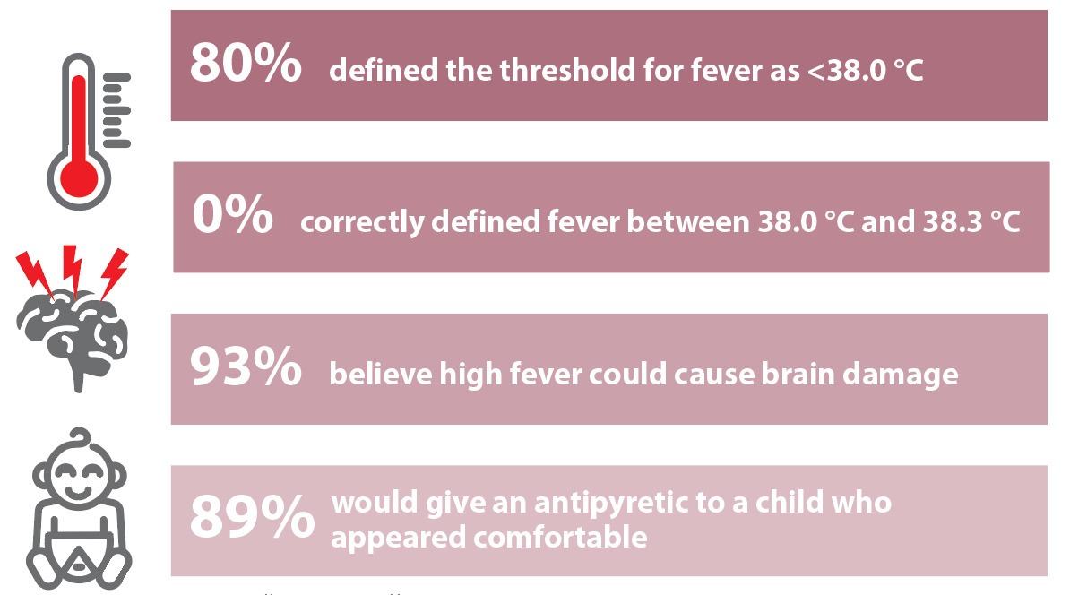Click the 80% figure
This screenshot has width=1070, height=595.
246,63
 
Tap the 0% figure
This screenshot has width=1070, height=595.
233,214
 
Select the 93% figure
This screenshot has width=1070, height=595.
246,366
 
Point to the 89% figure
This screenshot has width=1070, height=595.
253,516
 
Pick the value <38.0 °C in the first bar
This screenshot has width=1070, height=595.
866,70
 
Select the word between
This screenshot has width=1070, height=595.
688,221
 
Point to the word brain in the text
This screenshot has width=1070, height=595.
798,374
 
